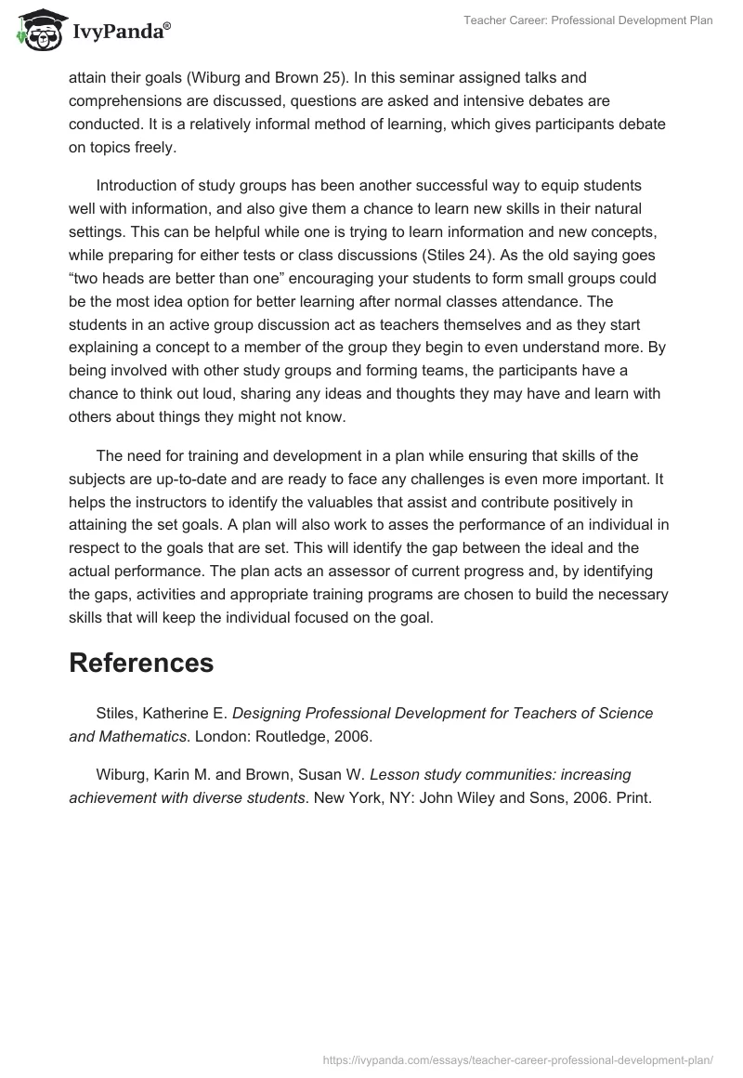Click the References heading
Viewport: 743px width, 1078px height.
click(x=141, y=663)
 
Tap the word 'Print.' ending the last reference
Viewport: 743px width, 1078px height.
click(x=635, y=796)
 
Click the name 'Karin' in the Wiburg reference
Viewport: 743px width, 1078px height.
click(x=171, y=773)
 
